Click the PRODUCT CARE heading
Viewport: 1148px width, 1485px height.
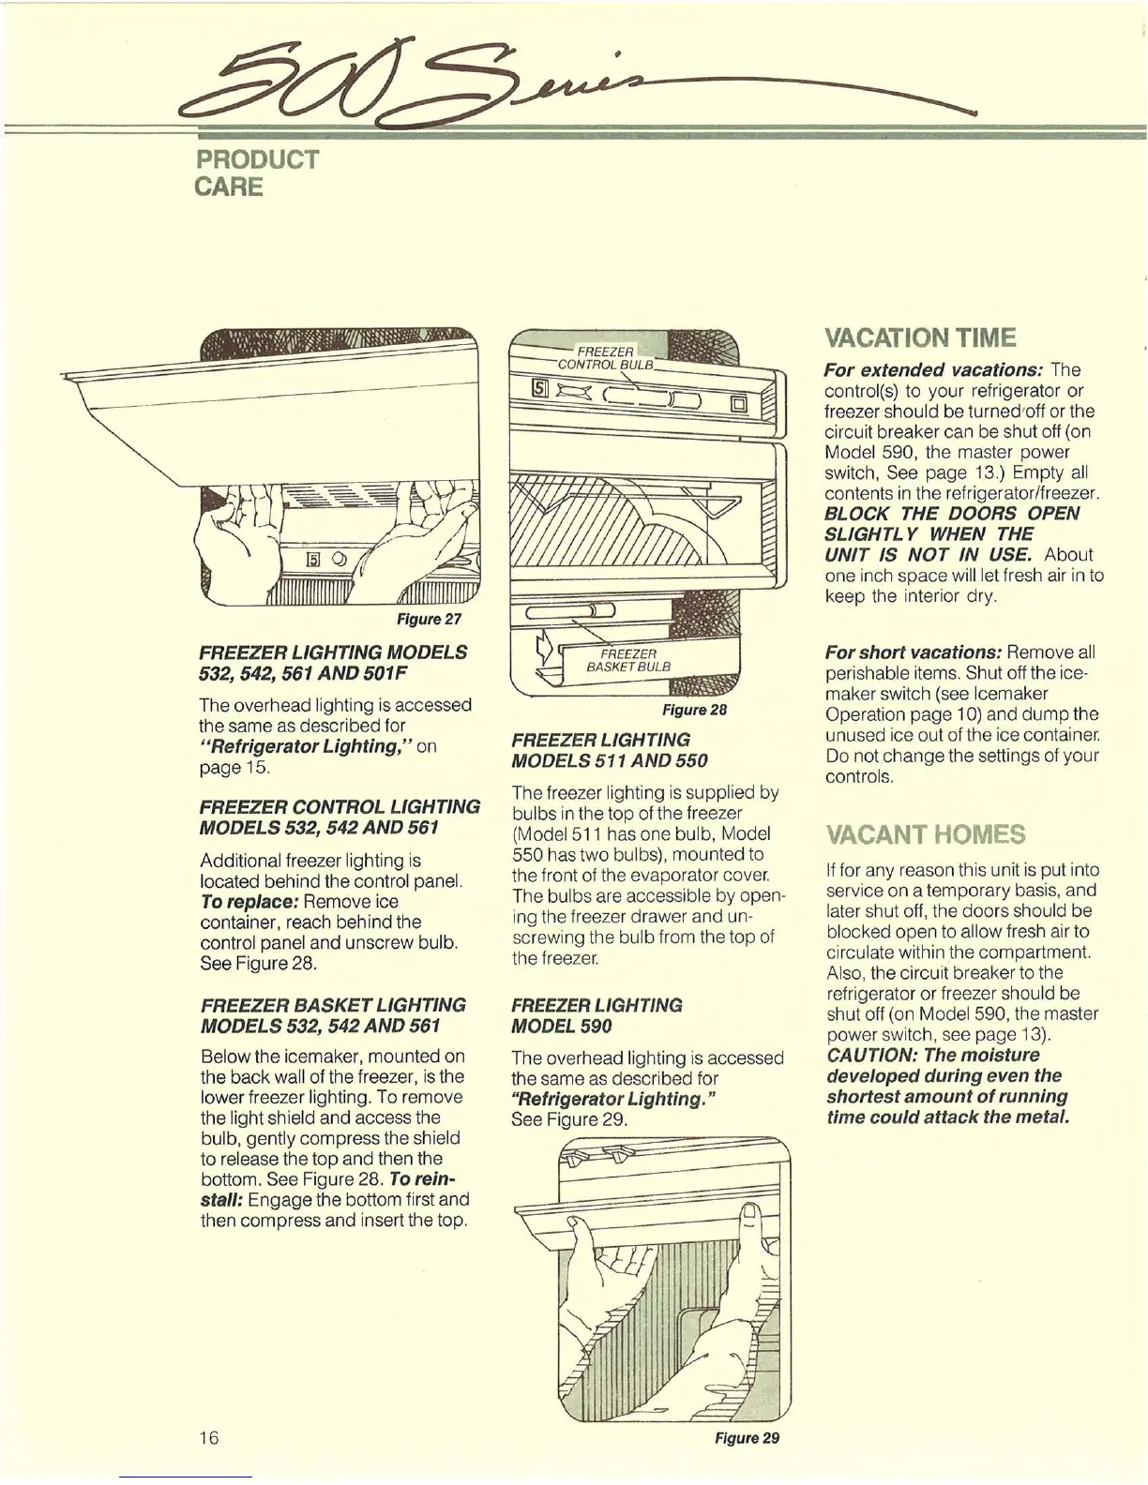[x=256, y=172]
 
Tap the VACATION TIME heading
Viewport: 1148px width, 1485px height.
[x=919, y=337]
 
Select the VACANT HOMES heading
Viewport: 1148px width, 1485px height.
[x=925, y=834]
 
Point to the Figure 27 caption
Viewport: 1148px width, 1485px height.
[x=430, y=619]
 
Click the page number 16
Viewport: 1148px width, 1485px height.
[x=208, y=1437]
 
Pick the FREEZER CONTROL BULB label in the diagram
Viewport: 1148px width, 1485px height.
[x=604, y=357]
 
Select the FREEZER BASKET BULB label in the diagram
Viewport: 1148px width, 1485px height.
[x=627, y=660]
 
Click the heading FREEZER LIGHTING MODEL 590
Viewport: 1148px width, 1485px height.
[x=597, y=1015]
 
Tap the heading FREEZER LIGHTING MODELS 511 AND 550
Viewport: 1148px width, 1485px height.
[x=610, y=750]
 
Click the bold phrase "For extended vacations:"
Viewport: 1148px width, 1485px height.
[x=933, y=370]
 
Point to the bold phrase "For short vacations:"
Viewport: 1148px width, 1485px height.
[x=914, y=652]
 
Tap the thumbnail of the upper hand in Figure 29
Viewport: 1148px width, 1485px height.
[x=750, y=1216]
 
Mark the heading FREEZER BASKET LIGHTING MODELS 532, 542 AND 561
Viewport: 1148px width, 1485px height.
[x=333, y=1015]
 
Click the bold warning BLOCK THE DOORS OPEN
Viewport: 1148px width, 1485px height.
[x=951, y=514]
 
